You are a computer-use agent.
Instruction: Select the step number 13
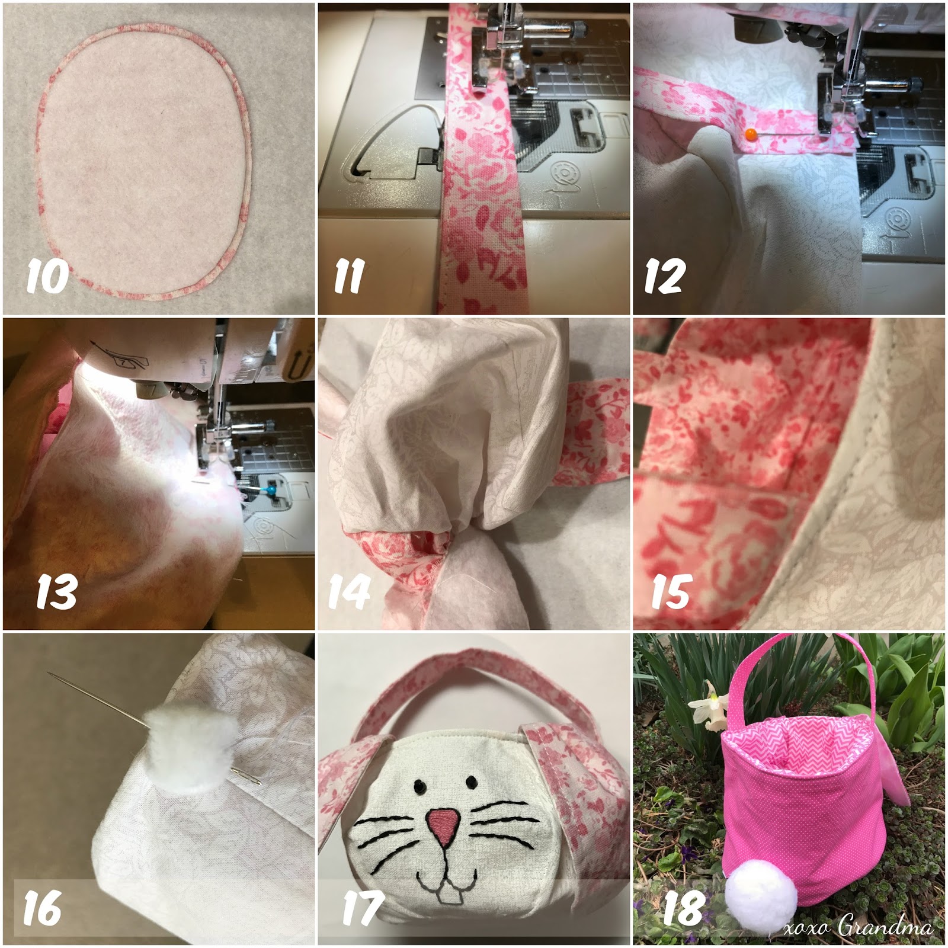pos(57,591)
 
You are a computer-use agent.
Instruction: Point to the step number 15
pos(671,591)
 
